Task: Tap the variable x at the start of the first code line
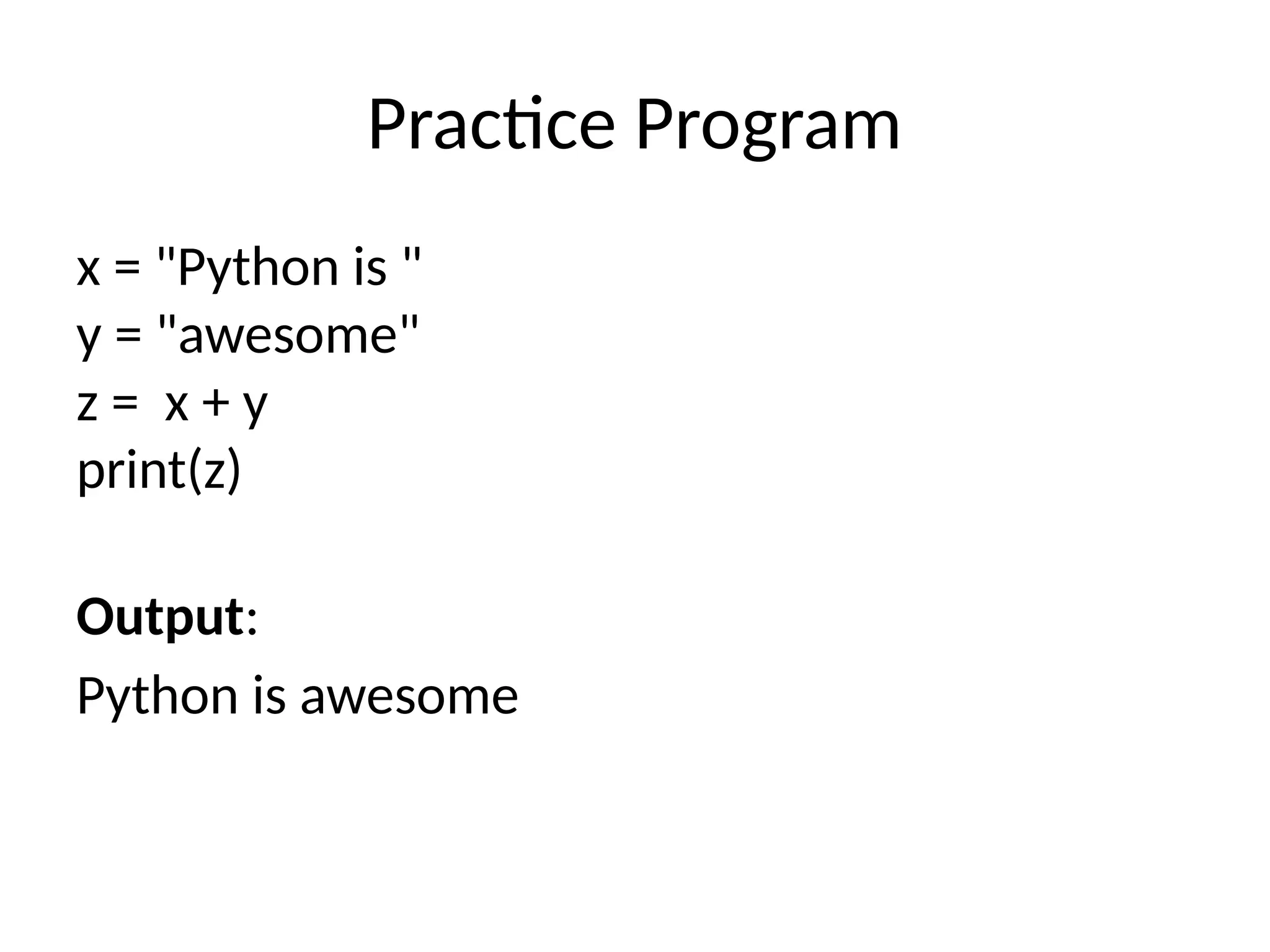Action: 88,270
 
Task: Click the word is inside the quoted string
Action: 370,268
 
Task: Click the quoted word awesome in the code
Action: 288,337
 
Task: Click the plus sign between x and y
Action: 215,406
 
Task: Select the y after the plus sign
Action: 255,409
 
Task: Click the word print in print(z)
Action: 131,472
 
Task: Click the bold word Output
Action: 160,617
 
